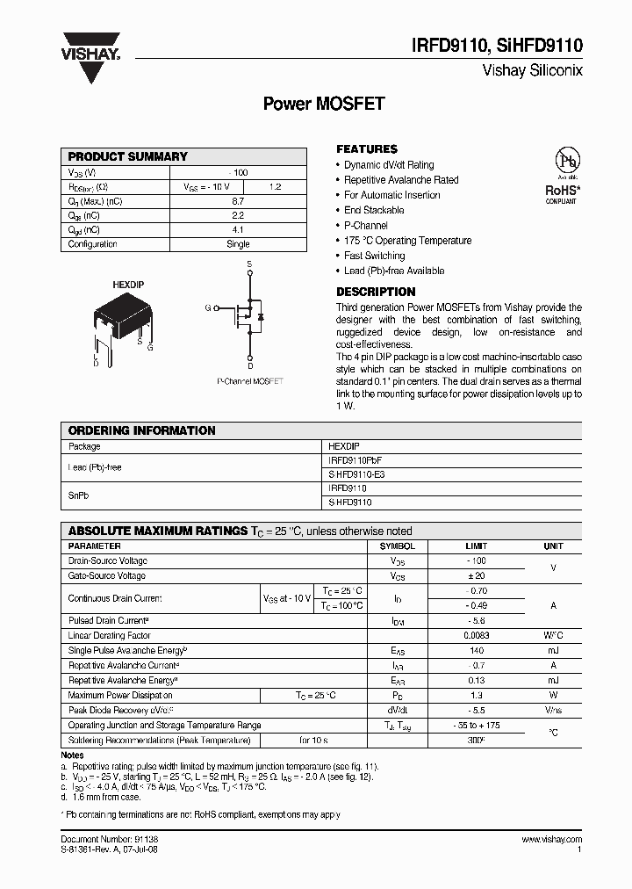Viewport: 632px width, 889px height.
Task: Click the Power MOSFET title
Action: coord(324,104)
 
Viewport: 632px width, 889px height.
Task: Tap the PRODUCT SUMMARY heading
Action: coord(128,156)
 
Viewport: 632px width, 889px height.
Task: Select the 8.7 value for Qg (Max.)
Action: coord(238,201)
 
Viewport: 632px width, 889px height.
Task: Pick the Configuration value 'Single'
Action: coord(238,244)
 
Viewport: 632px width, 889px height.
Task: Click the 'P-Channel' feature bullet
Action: coord(366,226)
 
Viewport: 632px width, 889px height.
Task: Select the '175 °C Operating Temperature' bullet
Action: coord(407,241)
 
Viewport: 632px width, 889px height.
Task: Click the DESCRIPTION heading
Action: coord(376,292)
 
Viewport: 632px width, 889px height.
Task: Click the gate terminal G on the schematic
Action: coord(208,307)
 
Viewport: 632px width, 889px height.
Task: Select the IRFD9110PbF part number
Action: coord(355,459)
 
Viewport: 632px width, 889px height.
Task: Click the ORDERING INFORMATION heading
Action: coord(141,430)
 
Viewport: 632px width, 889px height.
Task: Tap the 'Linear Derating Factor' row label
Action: coord(110,635)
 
